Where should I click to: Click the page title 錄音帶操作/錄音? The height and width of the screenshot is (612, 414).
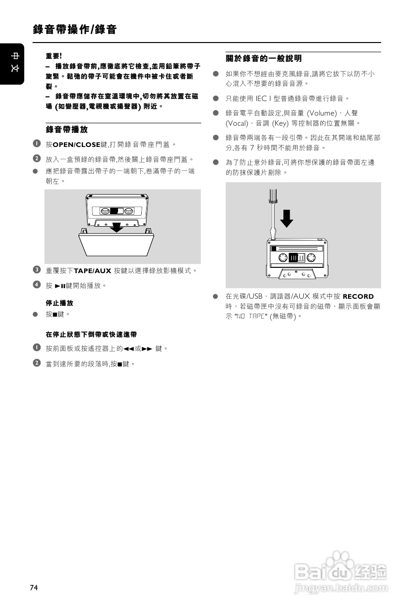pos(75,30)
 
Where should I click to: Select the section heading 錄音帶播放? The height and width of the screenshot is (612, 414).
pos(66,130)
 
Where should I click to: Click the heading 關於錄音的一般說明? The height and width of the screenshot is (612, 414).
pos(264,58)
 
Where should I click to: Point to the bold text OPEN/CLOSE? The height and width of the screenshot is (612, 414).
pos(76,145)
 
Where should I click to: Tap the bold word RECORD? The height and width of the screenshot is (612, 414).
pos(358,296)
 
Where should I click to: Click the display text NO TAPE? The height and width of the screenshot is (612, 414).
pos(251,316)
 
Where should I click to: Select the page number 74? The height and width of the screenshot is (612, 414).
pos(33,587)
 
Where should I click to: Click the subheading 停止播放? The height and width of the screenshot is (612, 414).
pos(59,303)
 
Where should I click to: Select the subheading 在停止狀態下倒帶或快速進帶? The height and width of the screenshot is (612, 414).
pos(91,335)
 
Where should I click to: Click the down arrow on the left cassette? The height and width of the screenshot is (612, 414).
pos(116,227)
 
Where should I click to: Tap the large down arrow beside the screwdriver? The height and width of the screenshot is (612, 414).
pos(287,219)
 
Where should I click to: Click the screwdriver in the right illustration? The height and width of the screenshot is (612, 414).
pos(272,213)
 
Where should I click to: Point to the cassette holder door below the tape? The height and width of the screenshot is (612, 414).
pos(117,244)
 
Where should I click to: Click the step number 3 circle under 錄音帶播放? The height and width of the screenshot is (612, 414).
pos(36,269)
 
